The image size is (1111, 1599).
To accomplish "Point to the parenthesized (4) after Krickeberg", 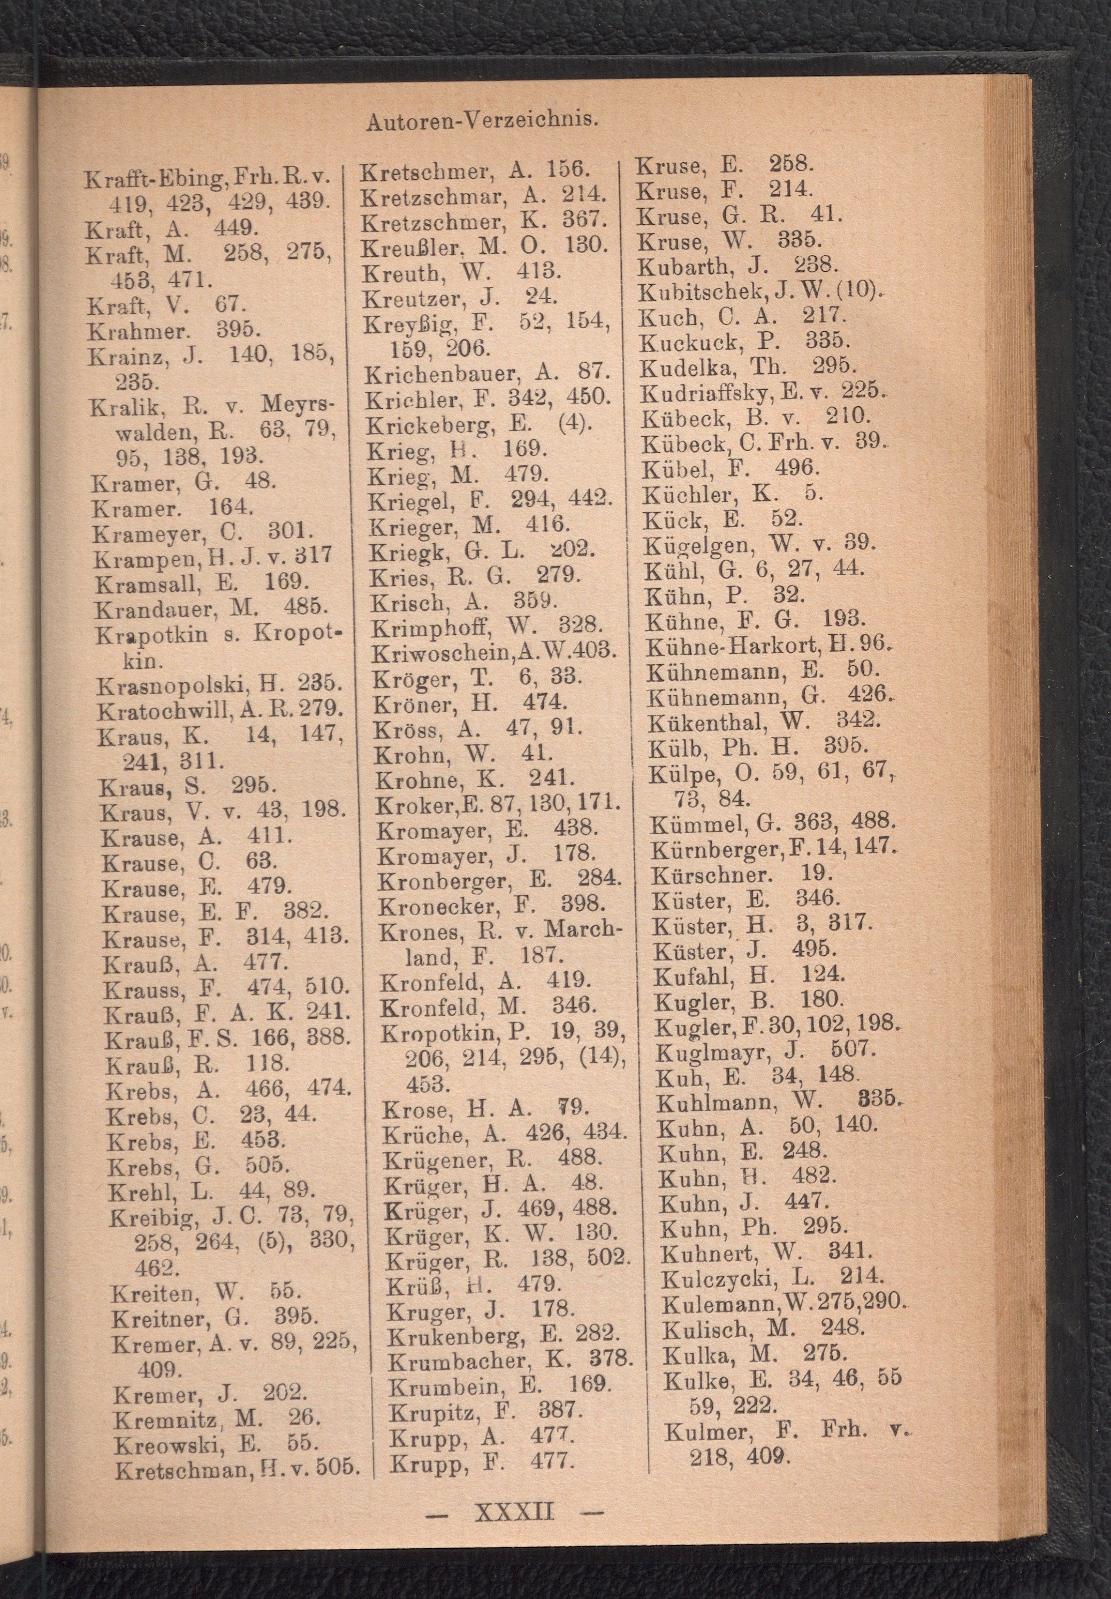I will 574,423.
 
